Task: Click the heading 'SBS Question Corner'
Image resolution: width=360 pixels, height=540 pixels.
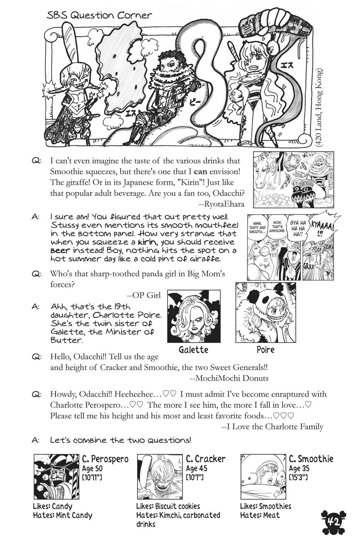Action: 99,16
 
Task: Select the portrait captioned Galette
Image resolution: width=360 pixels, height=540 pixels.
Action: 194,316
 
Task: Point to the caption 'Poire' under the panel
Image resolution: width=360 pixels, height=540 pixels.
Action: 265,349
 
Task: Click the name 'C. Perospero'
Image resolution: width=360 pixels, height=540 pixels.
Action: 105,459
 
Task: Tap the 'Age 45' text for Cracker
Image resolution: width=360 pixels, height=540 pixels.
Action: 196,468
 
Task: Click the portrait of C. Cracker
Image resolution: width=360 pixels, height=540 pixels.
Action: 160,477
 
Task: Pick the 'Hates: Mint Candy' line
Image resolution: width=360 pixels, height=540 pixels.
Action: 62,515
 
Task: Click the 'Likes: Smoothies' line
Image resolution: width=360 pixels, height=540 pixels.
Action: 265,506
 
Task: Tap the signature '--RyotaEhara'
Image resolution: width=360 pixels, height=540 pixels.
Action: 222,204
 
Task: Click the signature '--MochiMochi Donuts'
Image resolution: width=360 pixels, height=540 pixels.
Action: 229,378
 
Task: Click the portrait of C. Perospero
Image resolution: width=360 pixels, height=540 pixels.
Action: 56,477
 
